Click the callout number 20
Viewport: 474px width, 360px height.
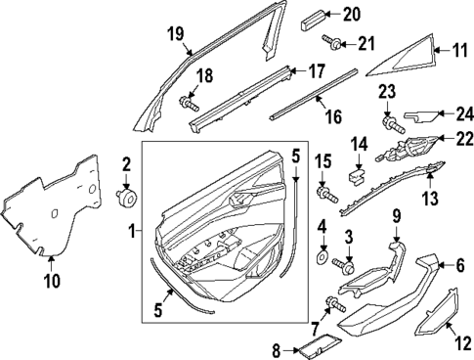click(351, 13)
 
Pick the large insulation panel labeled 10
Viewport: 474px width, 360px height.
click(49, 206)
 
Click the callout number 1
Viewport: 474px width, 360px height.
click(133, 234)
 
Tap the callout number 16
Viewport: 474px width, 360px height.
click(332, 116)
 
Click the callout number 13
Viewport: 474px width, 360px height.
click(428, 200)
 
